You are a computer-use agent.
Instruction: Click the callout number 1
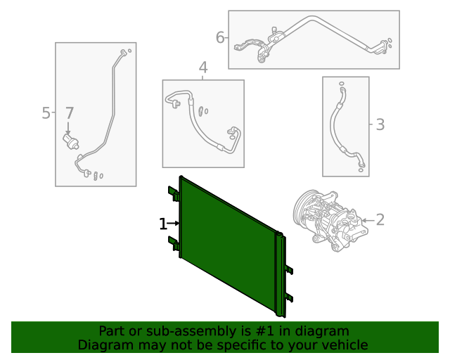[162, 224]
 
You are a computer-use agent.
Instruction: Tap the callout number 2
[380, 220]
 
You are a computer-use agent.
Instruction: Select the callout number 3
[380, 124]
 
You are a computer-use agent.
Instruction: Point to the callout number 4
[203, 67]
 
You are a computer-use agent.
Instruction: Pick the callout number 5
[46, 113]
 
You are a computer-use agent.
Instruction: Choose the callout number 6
[220, 37]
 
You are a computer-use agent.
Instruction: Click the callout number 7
[70, 113]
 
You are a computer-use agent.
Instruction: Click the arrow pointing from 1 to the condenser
[173, 223]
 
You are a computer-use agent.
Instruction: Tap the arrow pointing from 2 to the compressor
[368, 221]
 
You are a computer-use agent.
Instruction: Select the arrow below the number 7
[68, 128]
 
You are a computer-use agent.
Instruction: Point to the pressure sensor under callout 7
[70, 141]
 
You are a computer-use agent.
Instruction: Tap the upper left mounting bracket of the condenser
[174, 193]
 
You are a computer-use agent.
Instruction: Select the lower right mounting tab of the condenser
[289, 297]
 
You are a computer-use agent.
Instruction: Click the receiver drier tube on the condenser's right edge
[279, 274]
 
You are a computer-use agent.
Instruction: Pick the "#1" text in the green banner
[264, 331]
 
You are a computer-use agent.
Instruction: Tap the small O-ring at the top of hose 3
[342, 84]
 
